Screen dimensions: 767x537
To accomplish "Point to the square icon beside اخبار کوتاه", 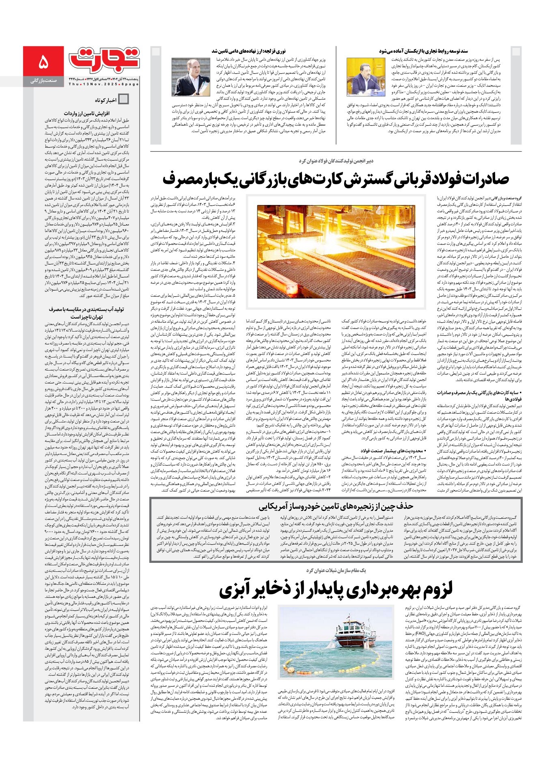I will [x=123, y=99].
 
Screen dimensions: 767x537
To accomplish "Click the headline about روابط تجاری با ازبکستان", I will [x=423, y=51].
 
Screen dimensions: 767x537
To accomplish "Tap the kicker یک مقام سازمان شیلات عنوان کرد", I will [x=336, y=570].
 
